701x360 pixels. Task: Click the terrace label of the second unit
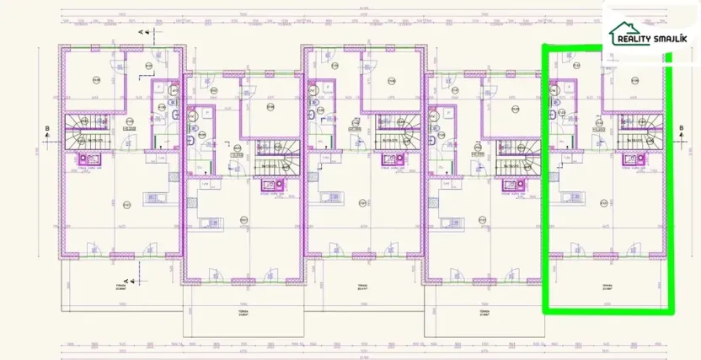[x=242, y=309]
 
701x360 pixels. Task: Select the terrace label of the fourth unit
[x=484, y=309]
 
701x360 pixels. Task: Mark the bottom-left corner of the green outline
[x=543, y=312]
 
